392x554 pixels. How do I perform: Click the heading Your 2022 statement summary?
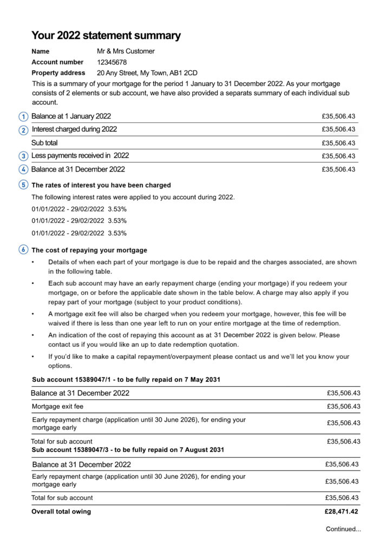click(106, 36)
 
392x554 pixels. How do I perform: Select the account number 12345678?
click(112, 62)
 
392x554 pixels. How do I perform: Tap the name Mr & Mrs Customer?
click(126, 51)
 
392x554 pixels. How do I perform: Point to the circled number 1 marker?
click(23, 116)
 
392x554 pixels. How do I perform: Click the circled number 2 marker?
click(23, 130)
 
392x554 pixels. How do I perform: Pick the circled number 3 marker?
click(23, 156)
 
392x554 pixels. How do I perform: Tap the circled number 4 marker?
click(23, 169)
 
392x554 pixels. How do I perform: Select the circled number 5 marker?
click(23, 184)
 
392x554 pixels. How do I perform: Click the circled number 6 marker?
click(23, 250)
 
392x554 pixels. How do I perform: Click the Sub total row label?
click(44, 143)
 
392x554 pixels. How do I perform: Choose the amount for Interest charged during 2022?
click(338, 130)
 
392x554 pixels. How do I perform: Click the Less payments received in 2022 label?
click(80, 156)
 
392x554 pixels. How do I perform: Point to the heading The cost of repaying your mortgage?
click(89, 250)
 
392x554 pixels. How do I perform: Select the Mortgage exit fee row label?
click(57, 406)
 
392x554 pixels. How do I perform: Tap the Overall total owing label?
click(61, 512)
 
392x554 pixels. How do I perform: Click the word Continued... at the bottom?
click(343, 529)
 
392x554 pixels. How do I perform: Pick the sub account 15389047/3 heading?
click(128, 450)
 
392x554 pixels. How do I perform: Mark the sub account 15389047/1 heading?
click(126, 380)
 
